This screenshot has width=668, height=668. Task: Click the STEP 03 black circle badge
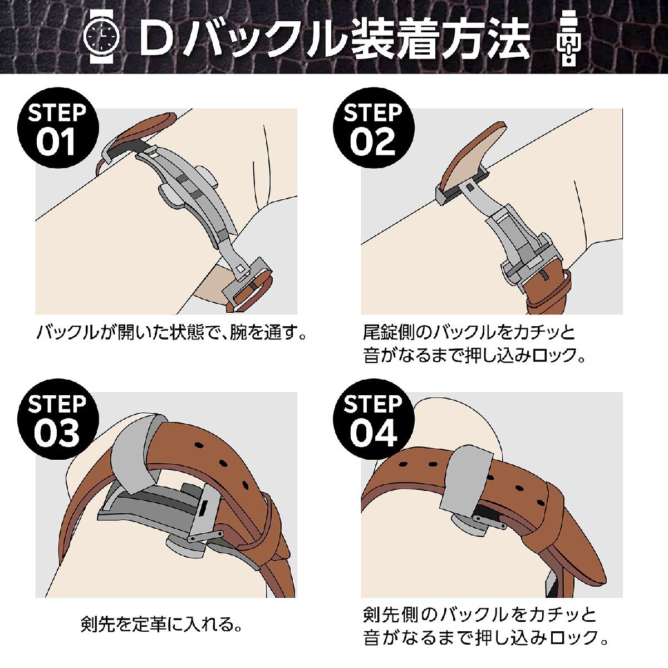coord(57,420)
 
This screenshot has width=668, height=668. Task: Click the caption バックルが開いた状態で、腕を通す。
coord(172,333)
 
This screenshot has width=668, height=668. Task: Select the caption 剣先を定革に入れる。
coord(161,624)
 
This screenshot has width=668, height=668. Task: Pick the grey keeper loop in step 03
coord(133,451)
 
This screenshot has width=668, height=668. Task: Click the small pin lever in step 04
coord(490,521)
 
